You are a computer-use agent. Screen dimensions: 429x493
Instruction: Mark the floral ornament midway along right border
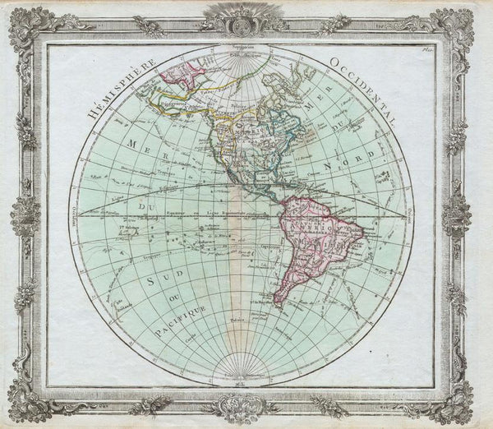[464, 215]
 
